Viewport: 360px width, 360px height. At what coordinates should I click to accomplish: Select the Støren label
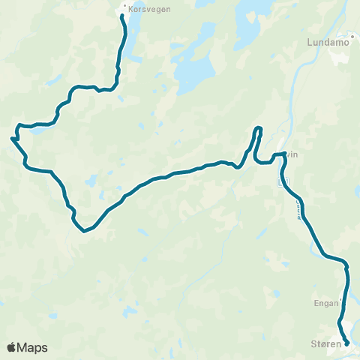[x=325, y=344]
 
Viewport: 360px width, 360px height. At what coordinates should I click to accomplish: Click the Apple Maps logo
[x=28, y=347]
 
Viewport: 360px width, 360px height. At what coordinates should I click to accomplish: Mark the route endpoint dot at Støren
[x=346, y=344]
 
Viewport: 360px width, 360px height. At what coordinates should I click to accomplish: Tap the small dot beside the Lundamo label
[x=352, y=35]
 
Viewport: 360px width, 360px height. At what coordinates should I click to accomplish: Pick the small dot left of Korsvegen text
[x=125, y=10]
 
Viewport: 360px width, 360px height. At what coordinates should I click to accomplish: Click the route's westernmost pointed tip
[x=12, y=138]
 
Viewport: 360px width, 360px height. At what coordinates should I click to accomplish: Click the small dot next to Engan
[x=342, y=302]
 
